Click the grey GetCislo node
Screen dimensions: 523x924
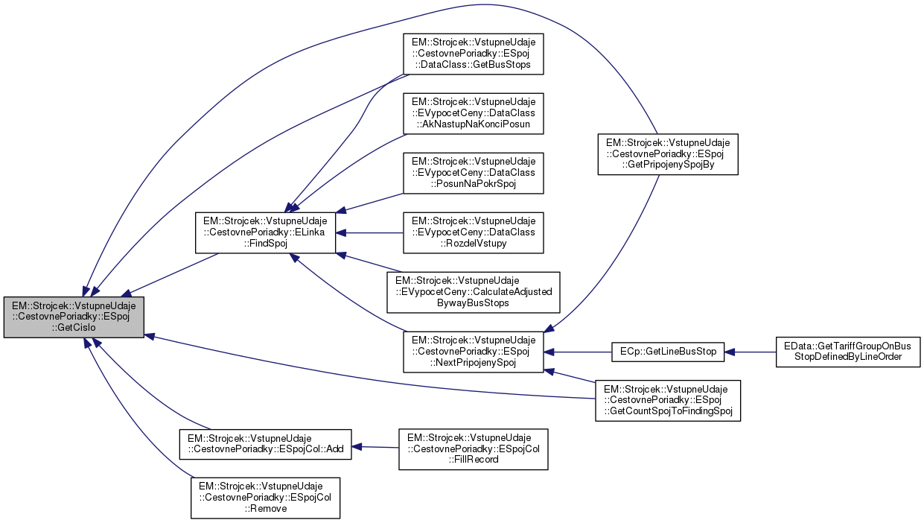coord(74,317)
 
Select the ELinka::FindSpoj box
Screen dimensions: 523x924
coord(265,232)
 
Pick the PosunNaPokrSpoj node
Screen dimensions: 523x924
coord(473,173)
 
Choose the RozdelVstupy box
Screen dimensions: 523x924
coord(473,232)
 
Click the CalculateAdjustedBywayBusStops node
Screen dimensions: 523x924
coord(473,291)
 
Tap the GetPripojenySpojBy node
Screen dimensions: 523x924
coord(667,154)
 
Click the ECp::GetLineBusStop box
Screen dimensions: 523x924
coord(667,352)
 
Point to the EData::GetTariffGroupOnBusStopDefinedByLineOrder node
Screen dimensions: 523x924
coord(849,352)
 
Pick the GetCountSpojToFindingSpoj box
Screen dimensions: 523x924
coord(667,400)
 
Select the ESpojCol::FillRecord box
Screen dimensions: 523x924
coord(473,449)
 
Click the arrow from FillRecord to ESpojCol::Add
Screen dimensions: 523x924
coord(375,447)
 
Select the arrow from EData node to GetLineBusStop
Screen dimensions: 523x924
coord(750,352)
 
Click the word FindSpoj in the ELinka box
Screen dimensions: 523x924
coord(265,244)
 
